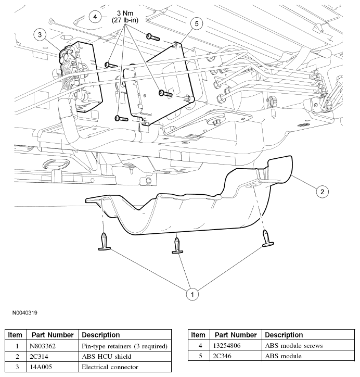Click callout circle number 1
192,294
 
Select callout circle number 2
322,192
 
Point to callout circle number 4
95,17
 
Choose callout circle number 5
196,23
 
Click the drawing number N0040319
22,313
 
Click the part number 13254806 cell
235,345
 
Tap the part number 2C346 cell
235,356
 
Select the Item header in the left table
15,335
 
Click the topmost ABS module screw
151,37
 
